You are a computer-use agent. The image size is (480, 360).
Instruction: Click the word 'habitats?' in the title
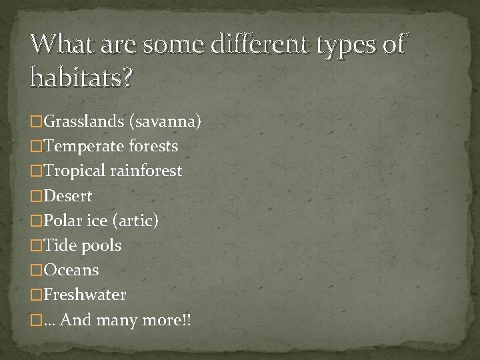pos(81,79)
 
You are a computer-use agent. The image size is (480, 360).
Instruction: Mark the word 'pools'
pos(101,245)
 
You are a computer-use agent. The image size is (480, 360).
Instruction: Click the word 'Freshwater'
pos(85,295)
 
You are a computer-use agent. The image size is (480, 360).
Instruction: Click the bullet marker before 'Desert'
pos(36,197)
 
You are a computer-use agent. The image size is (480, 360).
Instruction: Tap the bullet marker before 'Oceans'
pos(36,271)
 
